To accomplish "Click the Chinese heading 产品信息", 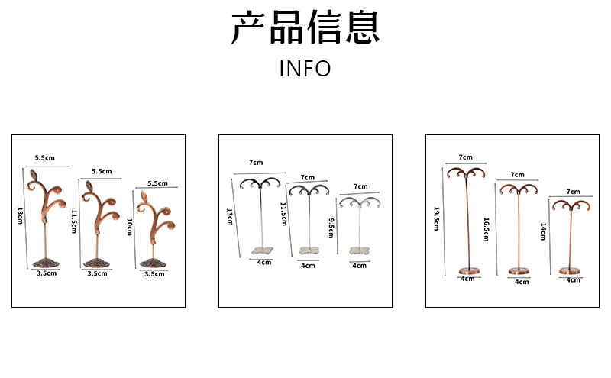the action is tap(305, 29).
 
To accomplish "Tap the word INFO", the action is tap(305, 69).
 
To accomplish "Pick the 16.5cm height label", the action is tap(486, 229).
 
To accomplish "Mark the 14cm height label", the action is tap(543, 233).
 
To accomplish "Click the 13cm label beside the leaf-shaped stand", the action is tap(21, 215).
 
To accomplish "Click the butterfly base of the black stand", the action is tap(264, 250).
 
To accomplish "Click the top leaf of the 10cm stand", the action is tap(144, 205).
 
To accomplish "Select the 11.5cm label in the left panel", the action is tap(74, 221).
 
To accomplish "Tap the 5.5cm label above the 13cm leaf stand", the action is tap(45, 158).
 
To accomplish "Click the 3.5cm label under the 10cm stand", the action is tap(153, 273).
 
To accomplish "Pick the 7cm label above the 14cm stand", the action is tap(573, 192).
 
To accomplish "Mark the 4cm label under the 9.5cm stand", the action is tap(359, 265).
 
